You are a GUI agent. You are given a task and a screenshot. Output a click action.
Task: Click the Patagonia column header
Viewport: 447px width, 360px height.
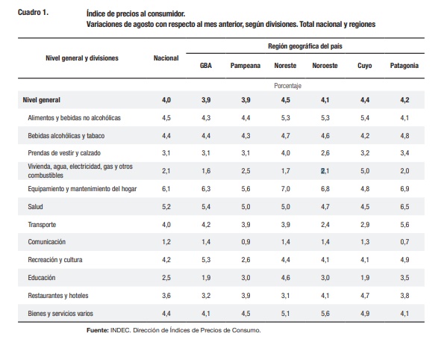[x=404, y=66]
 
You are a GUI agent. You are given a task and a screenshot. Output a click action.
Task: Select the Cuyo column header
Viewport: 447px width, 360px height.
[x=365, y=66]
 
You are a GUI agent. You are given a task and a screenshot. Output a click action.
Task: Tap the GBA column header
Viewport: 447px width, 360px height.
[x=206, y=66]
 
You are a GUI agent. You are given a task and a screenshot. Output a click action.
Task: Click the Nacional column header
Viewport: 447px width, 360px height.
[x=166, y=58]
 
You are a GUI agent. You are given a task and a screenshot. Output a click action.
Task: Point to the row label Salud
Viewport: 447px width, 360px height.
[x=35, y=207]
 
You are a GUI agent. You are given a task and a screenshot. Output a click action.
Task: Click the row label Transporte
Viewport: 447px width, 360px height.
[x=42, y=225]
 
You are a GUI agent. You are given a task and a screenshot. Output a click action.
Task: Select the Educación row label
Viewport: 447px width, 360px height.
[x=42, y=278]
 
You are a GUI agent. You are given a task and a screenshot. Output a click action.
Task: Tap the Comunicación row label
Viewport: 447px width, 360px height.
[x=47, y=242]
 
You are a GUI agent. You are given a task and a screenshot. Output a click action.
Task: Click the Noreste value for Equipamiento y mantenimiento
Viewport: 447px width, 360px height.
[x=285, y=189]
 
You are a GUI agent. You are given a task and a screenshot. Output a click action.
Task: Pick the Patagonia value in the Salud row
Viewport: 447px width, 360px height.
[x=404, y=207]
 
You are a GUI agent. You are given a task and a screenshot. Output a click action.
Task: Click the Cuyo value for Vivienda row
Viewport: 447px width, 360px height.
[x=365, y=171]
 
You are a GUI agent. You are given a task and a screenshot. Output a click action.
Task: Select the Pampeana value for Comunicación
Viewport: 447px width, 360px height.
[x=246, y=242]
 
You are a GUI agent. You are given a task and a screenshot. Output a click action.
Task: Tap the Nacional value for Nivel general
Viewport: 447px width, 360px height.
[x=166, y=100]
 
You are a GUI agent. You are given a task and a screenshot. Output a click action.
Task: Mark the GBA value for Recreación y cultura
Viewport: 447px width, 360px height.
[x=206, y=260]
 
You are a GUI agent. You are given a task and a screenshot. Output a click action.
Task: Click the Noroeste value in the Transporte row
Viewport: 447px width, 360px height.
[x=325, y=225]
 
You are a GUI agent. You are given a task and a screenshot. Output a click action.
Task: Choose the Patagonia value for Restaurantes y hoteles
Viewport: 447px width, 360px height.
[x=404, y=296]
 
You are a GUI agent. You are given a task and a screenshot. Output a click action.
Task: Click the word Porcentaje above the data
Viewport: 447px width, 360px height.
[x=287, y=86]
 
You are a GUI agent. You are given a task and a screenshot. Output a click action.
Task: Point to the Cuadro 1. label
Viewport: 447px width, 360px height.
[x=33, y=13]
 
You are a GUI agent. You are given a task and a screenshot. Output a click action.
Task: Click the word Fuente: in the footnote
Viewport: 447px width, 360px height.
[x=98, y=330]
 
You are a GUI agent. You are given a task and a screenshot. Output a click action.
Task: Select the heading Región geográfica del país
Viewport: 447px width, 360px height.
[x=305, y=46]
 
